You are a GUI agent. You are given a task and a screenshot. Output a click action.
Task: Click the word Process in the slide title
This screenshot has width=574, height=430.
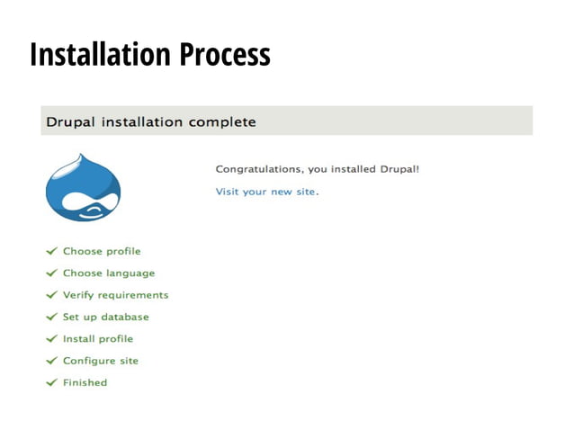coord(224,54)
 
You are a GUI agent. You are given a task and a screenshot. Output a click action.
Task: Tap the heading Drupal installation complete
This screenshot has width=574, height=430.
coord(151,121)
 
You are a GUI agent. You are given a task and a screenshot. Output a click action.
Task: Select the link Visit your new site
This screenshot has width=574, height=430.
coord(266,192)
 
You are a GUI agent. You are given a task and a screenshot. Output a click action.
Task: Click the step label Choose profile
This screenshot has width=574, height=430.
coord(102,251)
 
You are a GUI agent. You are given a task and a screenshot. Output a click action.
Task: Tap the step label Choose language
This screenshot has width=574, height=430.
coord(109,273)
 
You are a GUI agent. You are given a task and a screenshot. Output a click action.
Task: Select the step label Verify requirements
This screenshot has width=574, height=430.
coord(115,295)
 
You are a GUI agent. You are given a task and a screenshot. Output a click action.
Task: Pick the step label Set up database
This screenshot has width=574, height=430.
coord(106,317)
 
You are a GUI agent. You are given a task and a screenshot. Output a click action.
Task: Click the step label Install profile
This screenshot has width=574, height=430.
coord(98,339)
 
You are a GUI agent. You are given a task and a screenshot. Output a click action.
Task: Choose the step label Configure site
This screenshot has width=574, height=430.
coord(101,361)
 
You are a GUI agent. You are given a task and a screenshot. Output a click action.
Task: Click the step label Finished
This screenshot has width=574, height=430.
coord(85,382)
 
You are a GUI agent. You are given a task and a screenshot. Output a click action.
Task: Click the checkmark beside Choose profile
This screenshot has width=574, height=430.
coord(52,251)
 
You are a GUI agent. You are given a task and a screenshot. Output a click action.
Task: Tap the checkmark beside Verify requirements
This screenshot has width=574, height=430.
coord(52,295)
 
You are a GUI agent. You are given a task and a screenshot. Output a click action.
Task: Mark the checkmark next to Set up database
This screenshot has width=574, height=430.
coord(52,317)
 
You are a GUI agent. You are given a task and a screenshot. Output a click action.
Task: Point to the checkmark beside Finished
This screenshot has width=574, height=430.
coord(52,382)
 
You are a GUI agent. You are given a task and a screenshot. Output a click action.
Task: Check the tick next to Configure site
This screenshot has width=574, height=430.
coord(52,361)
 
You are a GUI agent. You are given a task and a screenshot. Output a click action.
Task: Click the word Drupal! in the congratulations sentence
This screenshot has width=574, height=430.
coord(399,169)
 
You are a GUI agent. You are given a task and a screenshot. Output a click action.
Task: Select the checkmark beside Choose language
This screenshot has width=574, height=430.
coord(52,273)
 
